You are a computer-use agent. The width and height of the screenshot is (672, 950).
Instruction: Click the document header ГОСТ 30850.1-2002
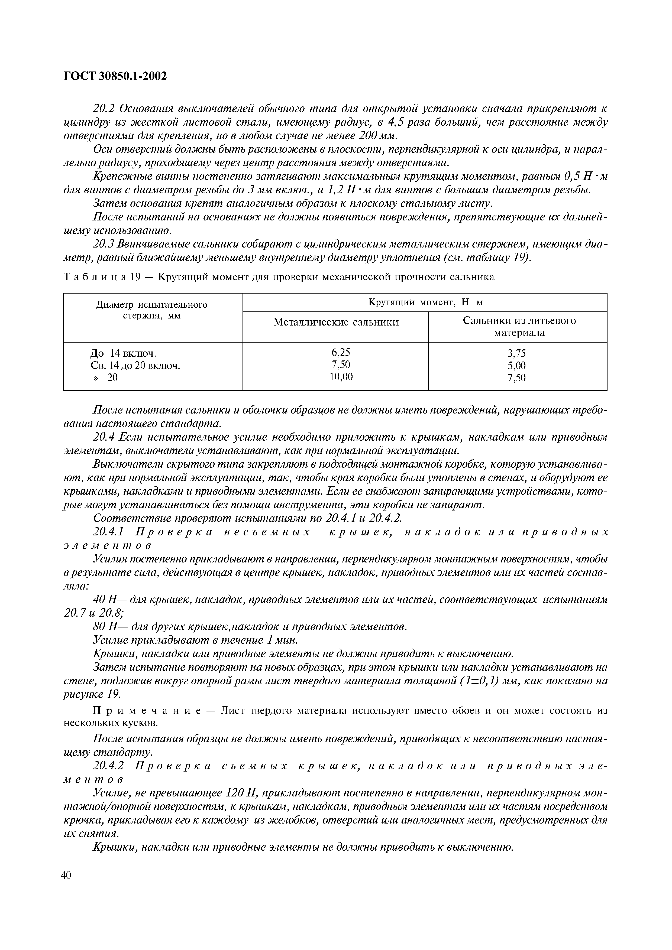pos(115,76)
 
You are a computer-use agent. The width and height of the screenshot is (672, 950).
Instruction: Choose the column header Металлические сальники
pos(336,322)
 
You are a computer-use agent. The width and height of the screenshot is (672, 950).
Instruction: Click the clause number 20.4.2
pos(108,766)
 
